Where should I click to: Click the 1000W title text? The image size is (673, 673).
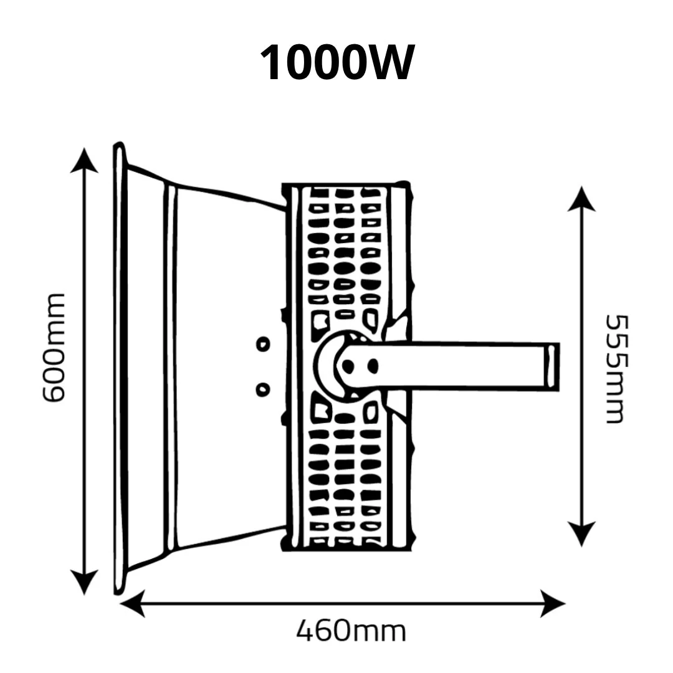(337, 63)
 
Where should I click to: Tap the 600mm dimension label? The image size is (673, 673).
(54, 348)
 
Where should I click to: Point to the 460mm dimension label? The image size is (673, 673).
(351, 631)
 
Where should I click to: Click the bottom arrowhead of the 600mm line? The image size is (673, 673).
(84, 583)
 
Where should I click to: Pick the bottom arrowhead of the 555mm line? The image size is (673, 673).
(581, 534)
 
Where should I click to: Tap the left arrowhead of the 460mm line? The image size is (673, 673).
(132, 603)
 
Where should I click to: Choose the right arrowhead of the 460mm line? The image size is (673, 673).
(553, 603)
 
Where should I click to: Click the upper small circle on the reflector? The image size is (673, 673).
(263, 344)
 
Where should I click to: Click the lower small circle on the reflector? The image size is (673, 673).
(263, 389)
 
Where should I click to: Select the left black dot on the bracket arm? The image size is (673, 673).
(348, 366)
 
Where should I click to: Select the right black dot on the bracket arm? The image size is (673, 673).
(373, 366)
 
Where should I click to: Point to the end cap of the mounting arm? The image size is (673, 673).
(552, 367)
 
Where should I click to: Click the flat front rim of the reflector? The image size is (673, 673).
(120, 368)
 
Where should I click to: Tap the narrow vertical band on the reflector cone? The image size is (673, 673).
(171, 368)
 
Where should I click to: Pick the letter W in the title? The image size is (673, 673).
(389, 63)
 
